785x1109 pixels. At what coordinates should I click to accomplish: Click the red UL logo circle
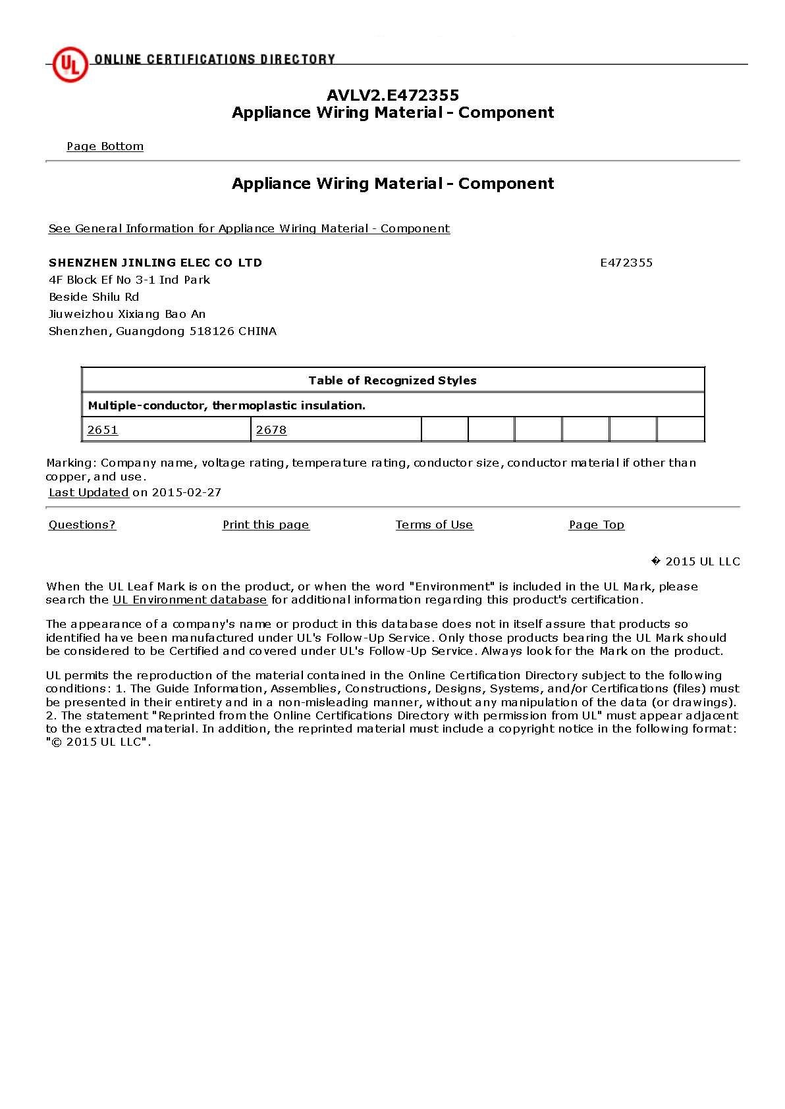(70, 64)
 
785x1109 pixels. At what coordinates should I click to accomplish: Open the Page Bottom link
(105, 146)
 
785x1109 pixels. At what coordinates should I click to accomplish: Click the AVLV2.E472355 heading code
(392, 95)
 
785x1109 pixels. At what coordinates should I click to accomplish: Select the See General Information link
(249, 228)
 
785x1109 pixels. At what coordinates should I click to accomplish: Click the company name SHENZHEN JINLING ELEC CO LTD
(155, 263)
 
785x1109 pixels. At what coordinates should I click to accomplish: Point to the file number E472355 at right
(626, 263)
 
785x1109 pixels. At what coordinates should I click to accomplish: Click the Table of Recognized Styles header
(392, 380)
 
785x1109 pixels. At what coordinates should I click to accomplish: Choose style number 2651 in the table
(103, 430)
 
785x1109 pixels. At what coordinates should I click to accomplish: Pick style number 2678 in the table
(271, 430)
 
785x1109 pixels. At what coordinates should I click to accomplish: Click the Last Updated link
(88, 492)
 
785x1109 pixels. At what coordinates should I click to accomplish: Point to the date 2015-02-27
(186, 492)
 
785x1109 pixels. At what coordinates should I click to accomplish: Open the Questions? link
(82, 525)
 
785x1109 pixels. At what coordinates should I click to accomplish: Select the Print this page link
(265, 525)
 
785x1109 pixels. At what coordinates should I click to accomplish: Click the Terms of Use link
(434, 525)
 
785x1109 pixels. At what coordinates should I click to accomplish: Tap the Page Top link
(597, 525)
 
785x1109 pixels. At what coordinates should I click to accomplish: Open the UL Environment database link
(190, 600)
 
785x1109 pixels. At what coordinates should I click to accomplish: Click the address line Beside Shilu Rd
(94, 297)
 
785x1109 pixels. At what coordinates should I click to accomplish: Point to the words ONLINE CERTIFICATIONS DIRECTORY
(215, 59)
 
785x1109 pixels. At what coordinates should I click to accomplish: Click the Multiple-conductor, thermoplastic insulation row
(227, 405)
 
